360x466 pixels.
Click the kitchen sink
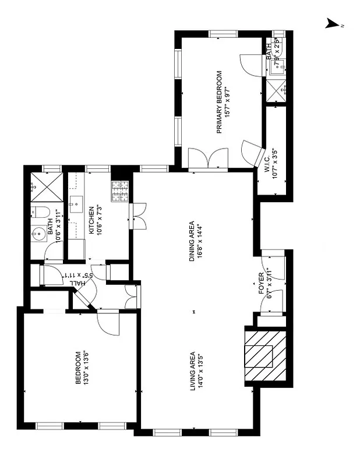[76, 204]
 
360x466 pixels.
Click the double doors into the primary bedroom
[207, 159]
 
